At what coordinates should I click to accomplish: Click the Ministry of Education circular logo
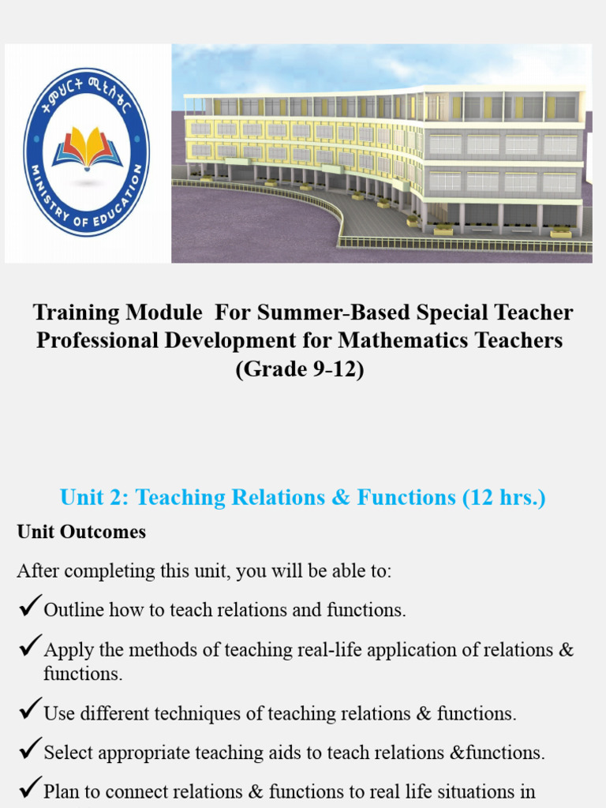[86, 152]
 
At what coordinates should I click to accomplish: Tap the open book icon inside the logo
[87, 148]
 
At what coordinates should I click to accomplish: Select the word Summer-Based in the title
[326, 312]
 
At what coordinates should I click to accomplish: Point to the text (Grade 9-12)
[300, 369]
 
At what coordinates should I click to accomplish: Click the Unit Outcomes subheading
[81, 532]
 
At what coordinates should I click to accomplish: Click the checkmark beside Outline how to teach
[29, 607]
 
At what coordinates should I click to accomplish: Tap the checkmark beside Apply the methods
[29, 647]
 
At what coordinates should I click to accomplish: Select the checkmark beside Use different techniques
[29, 711]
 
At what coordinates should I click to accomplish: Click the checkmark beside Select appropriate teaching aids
[29, 750]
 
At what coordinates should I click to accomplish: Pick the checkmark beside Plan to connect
[29, 788]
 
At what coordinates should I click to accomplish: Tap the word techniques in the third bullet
[226, 714]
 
